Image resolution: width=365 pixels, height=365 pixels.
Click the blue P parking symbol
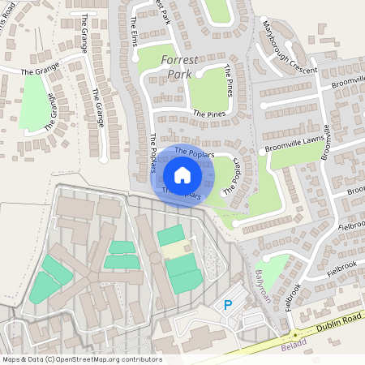228,305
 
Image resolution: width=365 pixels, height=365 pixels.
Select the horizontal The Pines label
208,114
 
